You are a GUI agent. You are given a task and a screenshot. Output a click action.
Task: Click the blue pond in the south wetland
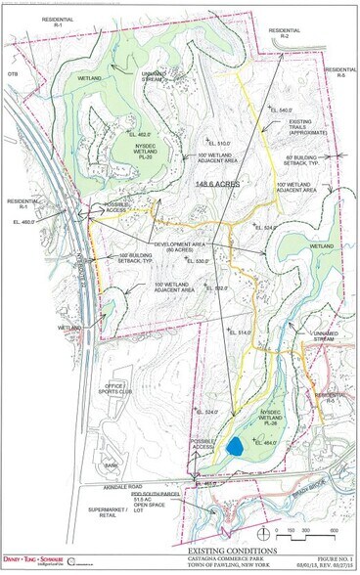click(x=234, y=445)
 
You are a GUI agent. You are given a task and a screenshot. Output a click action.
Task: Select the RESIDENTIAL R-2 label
click(x=285, y=34)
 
